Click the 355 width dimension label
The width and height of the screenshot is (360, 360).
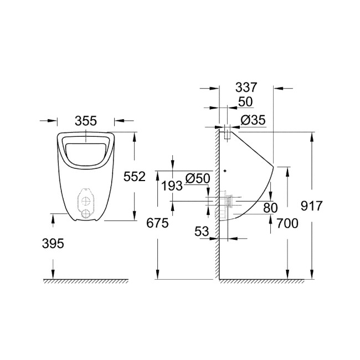(86, 120)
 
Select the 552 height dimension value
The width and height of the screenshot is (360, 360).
(135, 176)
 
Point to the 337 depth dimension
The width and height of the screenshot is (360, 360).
(246, 88)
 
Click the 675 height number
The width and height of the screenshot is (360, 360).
(157, 223)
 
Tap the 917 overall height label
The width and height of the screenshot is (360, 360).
(311, 205)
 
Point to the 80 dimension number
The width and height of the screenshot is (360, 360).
(270, 208)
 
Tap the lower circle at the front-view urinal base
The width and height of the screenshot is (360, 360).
(85, 213)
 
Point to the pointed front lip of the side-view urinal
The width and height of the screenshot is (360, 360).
(274, 166)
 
